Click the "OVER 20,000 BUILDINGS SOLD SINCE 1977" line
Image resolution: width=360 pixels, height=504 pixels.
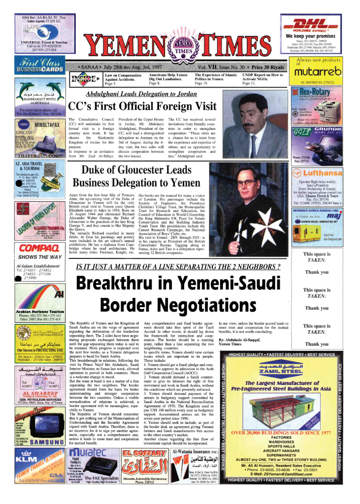(281, 433)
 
